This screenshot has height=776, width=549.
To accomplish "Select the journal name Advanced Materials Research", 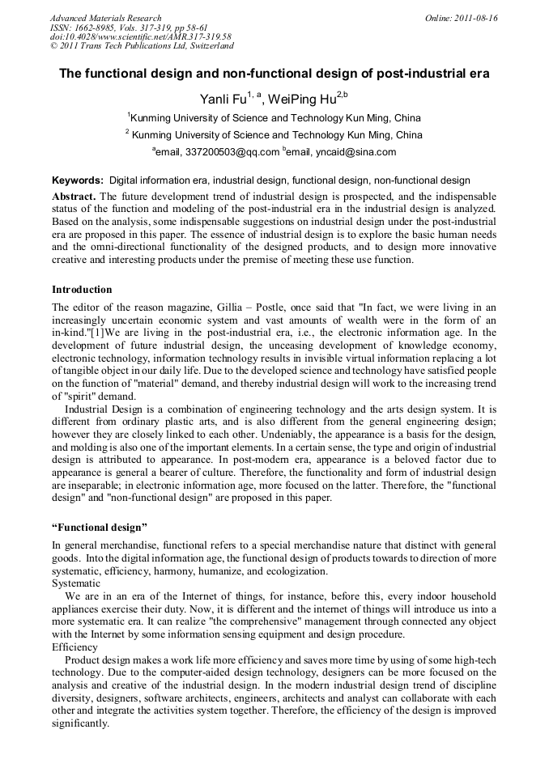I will click(105, 18).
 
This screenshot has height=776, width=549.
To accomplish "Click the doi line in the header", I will click(139, 36).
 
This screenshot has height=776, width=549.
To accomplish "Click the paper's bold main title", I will click(274, 73).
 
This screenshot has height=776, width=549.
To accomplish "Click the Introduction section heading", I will click(82, 289).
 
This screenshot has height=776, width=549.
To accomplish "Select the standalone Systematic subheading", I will click(76, 583).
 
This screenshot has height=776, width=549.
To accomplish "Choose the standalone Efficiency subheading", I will click(74, 647).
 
